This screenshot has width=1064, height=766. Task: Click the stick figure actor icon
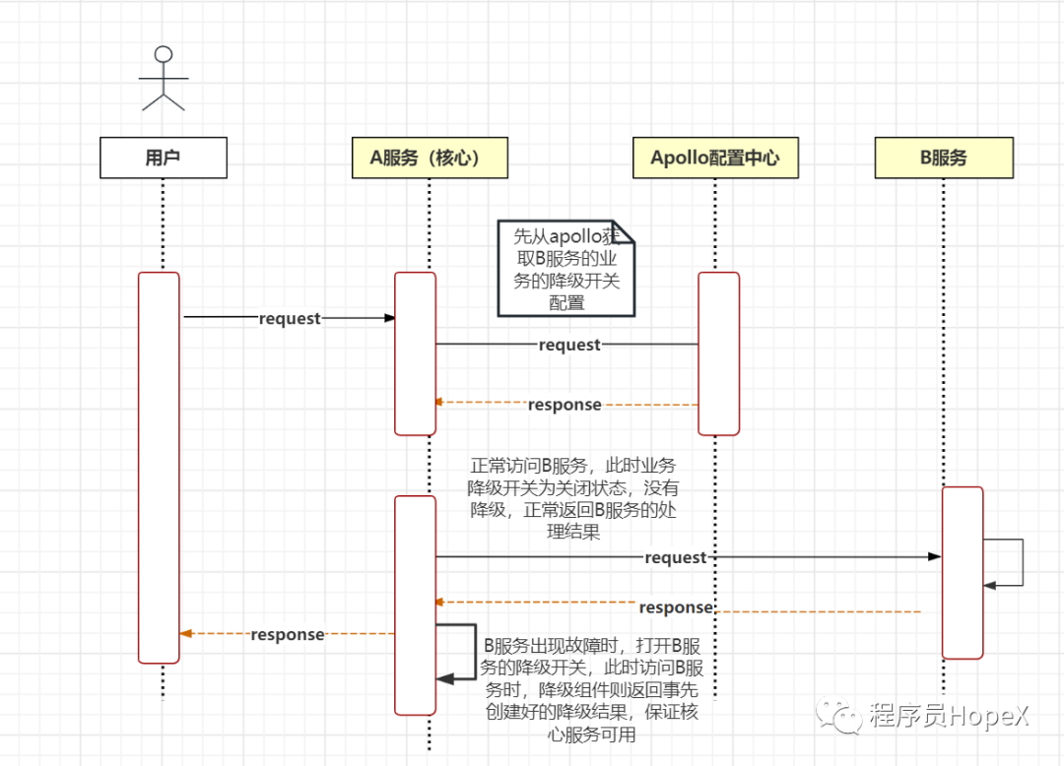point(164,77)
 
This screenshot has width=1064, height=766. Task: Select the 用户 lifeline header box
point(164,158)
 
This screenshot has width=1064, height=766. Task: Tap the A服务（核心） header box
point(430,158)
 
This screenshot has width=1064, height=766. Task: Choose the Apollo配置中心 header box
point(714,158)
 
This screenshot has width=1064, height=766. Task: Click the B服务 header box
point(943,158)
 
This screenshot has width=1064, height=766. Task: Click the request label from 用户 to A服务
point(290,318)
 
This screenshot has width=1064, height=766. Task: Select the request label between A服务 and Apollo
point(569,345)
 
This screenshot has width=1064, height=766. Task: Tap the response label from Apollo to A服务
point(565,405)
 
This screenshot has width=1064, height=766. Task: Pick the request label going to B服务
point(676,557)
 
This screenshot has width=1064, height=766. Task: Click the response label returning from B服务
point(676,607)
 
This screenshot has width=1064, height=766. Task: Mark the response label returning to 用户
point(287,634)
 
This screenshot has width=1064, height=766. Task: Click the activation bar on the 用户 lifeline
point(159,467)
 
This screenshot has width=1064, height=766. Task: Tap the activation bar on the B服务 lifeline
point(963,572)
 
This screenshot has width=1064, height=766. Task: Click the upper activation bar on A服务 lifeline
point(415,352)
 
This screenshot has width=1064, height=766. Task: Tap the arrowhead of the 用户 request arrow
point(389,318)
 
